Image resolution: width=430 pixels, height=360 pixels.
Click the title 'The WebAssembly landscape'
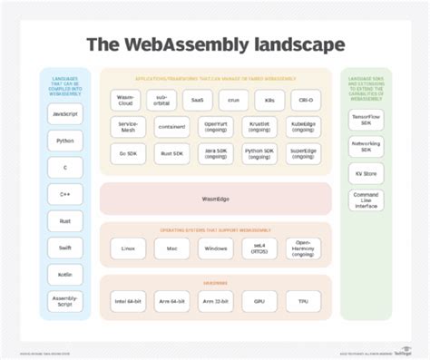(x=215, y=44)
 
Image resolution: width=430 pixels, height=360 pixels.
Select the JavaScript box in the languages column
(x=64, y=114)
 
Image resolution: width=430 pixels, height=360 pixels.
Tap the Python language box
(x=64, y=141)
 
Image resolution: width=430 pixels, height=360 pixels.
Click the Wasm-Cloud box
(x=128, y=100)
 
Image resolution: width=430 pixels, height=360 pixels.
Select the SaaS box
(x=198, y=100)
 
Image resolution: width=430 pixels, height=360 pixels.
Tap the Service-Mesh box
(x=128, y=128)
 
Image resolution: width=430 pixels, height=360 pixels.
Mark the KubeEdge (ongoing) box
(x=302, y=128)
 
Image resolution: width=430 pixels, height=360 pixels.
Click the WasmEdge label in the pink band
(x=215, y=199)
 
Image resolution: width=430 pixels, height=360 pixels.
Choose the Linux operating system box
(x=128, y=248)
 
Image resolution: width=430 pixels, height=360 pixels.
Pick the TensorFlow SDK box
(x=366, y=120)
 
